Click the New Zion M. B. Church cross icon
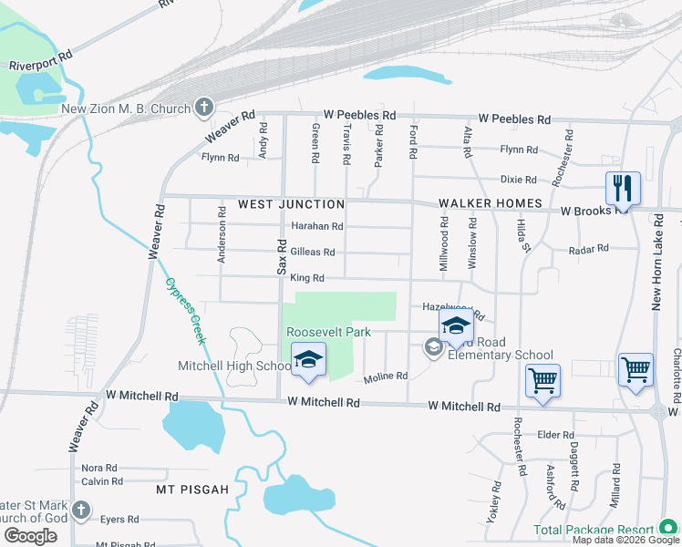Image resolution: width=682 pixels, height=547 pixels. coord(203,108)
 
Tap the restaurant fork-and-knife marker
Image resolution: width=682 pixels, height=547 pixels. coord(623,189)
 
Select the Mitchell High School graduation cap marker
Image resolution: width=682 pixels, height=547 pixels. coord(308,360)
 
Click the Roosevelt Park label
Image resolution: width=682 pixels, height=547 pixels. coord(328,332)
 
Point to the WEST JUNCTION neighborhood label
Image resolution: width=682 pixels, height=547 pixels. coord(291,204)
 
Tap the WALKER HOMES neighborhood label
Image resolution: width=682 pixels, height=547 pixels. coord(490,203)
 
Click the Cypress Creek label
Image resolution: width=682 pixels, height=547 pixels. coord(185,310)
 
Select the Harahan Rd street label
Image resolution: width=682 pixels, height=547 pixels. coord(316,226)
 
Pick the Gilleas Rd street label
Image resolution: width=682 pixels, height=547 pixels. coord(313,252)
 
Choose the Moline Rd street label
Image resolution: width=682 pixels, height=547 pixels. coord(385,376)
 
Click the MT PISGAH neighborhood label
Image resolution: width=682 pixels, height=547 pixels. coord(192,490)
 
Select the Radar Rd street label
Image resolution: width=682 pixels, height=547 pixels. coord(587,249)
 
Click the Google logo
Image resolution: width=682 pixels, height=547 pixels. coord(30,535)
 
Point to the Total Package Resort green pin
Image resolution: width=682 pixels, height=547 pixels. coord(667,529)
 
